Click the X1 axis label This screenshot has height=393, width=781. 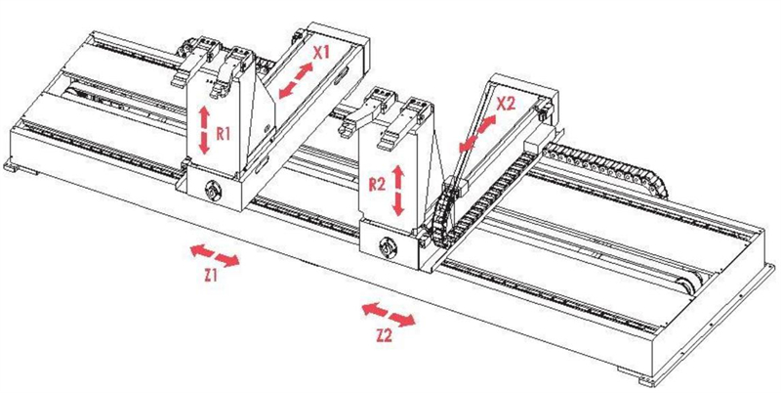[321, 53]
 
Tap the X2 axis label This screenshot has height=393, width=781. [507, 104]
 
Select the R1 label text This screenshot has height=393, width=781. [224, 134]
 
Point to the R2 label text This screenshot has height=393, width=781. [377, 185]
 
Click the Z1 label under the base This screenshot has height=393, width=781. [212, 276]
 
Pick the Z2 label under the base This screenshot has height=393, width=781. [384, 335]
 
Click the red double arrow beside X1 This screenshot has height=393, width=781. [296, 80]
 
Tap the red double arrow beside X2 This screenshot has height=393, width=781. [477, 133]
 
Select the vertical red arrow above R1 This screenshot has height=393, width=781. [204, 131]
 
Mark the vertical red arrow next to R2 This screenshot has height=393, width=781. [398, 191]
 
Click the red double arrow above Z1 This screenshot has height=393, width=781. [215, 255]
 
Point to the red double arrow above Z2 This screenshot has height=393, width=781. [389, 314]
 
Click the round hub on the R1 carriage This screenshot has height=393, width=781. [214, 189]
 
